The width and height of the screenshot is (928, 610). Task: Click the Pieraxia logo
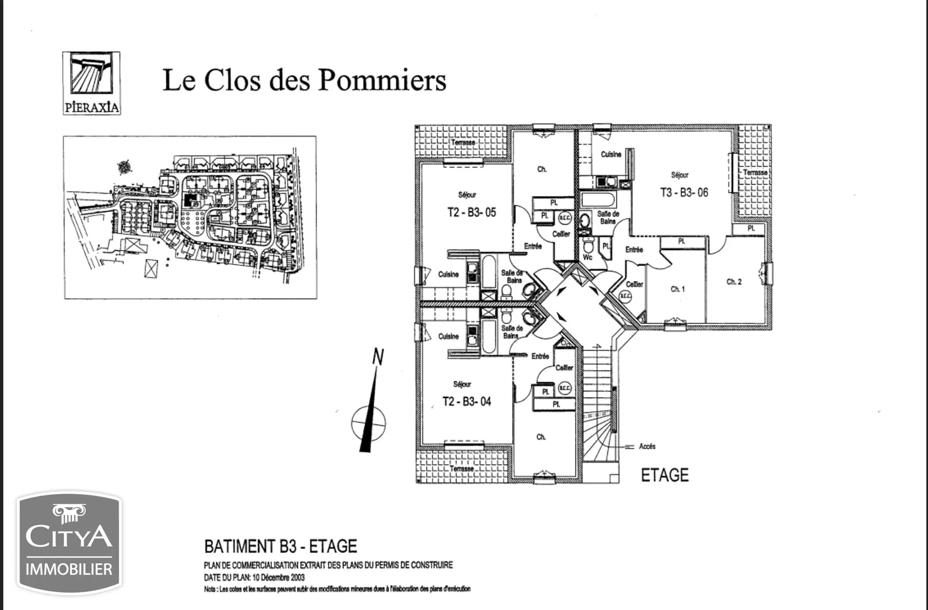(92, 83)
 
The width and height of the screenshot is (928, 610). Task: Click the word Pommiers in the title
(382, 80)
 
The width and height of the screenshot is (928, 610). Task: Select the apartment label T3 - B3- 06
(684, 192)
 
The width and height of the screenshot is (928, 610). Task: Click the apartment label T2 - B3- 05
(472, 212)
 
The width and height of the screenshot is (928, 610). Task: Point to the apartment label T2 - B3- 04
(467, 402)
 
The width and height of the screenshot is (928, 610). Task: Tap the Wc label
(587, 257)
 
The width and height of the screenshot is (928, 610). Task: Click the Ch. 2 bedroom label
(734, 282)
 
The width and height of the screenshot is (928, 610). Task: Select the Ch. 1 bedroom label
(677, 289)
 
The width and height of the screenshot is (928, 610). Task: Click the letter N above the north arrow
(378, 357)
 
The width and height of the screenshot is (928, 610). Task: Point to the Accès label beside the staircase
(647, 447)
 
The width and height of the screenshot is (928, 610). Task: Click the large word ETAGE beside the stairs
(665, 475)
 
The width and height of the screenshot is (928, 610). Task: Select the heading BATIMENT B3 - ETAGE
(280, 547)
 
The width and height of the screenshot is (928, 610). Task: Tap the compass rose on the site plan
(124, 167)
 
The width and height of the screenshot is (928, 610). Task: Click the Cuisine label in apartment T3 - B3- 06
(611, 154)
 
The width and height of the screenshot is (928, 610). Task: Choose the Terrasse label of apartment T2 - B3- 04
(462, 469)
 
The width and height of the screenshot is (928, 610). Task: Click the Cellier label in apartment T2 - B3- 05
(561, 234)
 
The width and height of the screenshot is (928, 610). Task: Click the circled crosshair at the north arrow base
(368, 424)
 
